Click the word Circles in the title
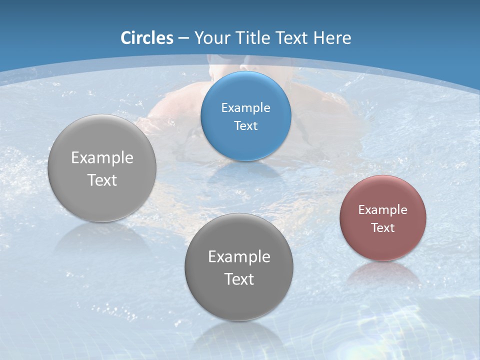[x=147, y=38]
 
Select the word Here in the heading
[x=332, y=38]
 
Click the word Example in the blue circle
[x=245, y=107]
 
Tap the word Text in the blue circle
[x=245, y=125]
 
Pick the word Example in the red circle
[x=383, y=209]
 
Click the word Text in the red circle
[x=383, y=227]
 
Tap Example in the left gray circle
[x=102, y=157]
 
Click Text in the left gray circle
[x=102, y=180]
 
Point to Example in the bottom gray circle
[x=239, y=256]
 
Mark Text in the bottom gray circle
[x=239, y=279]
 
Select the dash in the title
[x=183, y=38]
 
